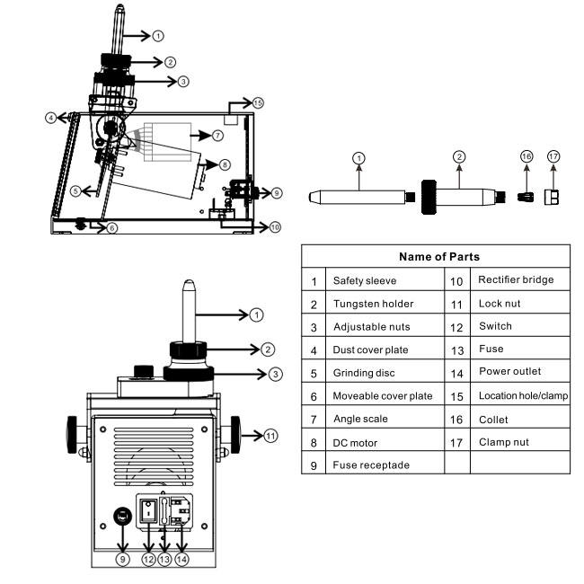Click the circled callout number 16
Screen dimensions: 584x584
(527, 156)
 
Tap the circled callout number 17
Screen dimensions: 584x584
(553, 156)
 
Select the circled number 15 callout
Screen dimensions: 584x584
(258, 103)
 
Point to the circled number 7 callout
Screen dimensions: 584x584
(217, 135)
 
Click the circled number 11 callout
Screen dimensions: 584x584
(270, 436)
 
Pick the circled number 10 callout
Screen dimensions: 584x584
(275, 227)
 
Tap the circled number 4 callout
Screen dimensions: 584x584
(52, 117)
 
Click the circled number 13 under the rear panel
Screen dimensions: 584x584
(164, 559)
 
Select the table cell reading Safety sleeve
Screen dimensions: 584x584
(364, 280)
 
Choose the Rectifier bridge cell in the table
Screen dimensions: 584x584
(516, 279)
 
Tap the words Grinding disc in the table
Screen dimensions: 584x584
(364, 373)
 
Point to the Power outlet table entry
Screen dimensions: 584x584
(509, 372)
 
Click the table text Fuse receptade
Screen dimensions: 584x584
(370, 465)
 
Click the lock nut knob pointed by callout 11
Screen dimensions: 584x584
(236, 434)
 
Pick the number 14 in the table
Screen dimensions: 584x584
(456, 372)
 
